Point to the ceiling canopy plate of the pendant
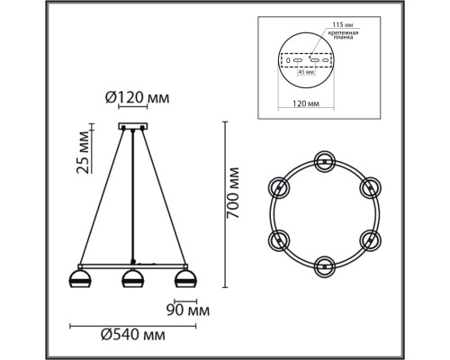[x=133, y=126]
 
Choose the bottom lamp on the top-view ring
[x=324, y=266]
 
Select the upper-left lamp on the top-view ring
[x=279, y=187]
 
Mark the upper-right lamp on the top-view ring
[x=369, y=187]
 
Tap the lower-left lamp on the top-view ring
[x=279, y=239]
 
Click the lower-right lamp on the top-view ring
[x=369, y=239]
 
